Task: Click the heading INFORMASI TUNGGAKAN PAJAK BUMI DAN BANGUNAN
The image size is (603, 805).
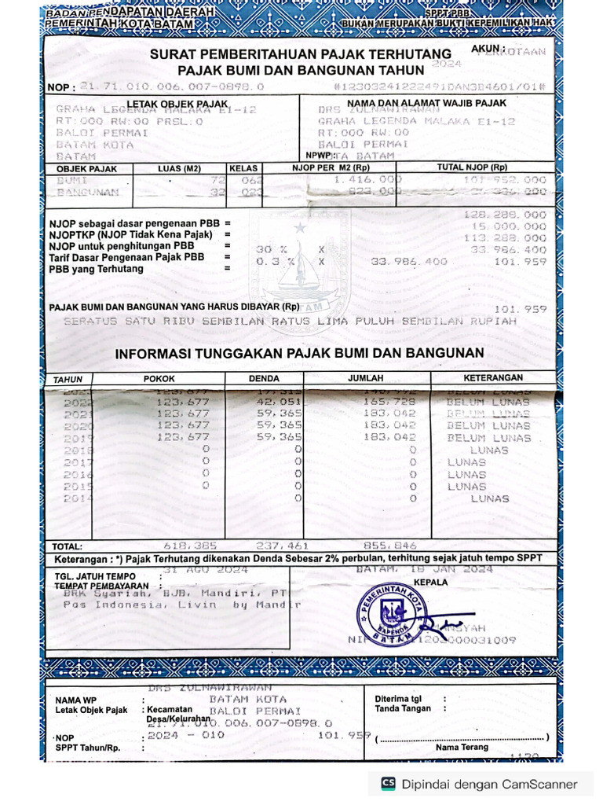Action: tap(299, 354)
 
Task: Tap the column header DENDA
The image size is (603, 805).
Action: tap(264, 378)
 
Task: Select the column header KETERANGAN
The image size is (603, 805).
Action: tap(492, 378)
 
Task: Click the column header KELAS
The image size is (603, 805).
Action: tap(243, 168)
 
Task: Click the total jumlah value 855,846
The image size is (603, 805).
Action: tap(390, 545)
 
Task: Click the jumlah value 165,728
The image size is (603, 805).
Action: tap(389, 401)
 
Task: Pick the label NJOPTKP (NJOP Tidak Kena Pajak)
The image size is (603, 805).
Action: tap(131, 235)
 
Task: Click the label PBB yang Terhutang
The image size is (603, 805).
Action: tap(97, 269)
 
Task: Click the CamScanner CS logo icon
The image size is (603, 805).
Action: tap(388, 784)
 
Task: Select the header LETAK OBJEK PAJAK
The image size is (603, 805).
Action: tap(177, 104)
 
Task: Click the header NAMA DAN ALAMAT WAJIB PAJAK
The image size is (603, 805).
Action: tap(426, 103)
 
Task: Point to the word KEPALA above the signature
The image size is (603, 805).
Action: tap(431, 583)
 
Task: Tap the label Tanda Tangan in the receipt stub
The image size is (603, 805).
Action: tap(403, 708)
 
